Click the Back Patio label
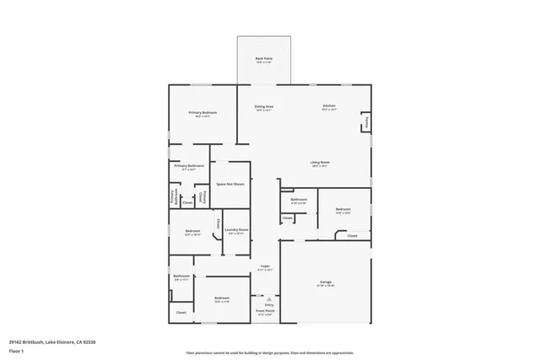[264, 59]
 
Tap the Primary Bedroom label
[202, 113]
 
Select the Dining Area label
[264, 107]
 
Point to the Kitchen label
[329, 106]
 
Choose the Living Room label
[319, 162]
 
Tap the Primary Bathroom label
[189, 166]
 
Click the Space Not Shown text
[229, 184]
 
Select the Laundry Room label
[236, 230]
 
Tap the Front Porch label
[265, 311]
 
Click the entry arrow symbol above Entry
[268, 298]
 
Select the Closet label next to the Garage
[352, 236]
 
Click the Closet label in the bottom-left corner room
[181, 313]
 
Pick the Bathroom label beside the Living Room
[299, 200]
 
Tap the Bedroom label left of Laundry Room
[193, 230]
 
